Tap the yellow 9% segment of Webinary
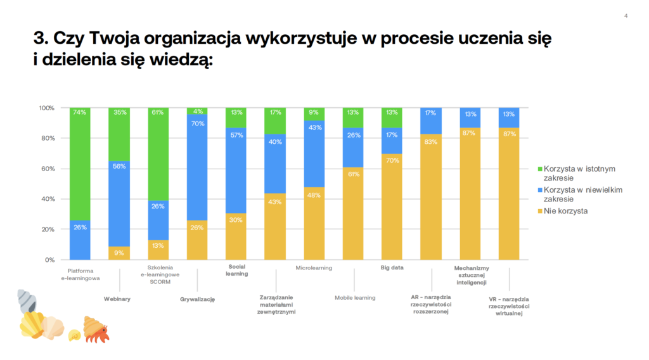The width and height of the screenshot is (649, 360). pos(119,253)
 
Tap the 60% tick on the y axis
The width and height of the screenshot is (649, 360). pos(48,169)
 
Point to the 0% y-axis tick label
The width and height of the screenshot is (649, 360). pos(50,260)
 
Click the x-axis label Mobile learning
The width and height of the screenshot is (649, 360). pos(355,297)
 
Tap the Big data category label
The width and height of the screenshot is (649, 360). pos(392,267)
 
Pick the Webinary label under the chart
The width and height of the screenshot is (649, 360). pos(117,299)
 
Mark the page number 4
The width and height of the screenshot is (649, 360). pos(626,16)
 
